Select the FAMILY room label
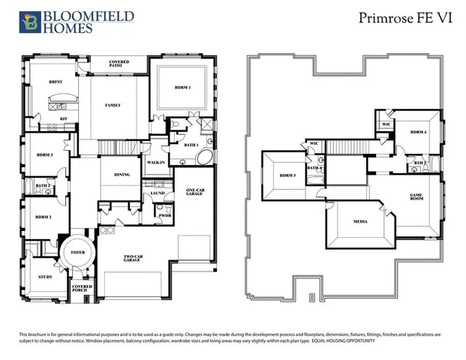pyautogui.click(x=113, y=105)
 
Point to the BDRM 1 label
pyautogui.click(x=183, y=88)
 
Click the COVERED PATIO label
pyautogui.click(x=119, y=64)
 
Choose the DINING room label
pyautogui.click(x=122, y=175)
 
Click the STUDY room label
pyautogui.click(x=46, y=277)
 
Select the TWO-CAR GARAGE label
pyautogui.click(x=135, y=259)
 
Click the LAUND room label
pyautogui.click(x=158, y=193)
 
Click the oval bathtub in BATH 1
pyautogui.click(x=203, y=158)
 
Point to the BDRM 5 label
pyautogui.click(x=288, y=175)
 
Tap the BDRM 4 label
pyautogui.click(x=418, y=132)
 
